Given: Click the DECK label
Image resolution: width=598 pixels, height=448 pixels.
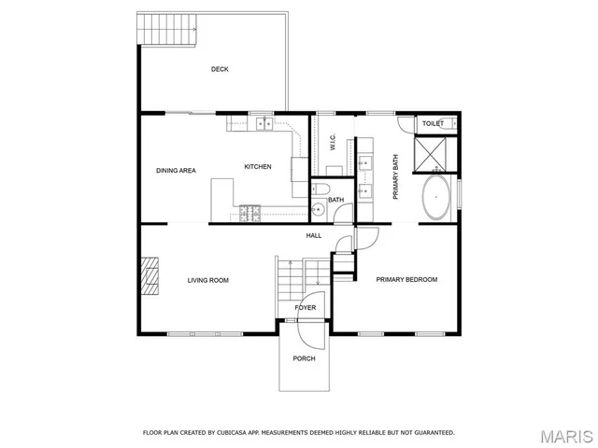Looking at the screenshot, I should point(220,69).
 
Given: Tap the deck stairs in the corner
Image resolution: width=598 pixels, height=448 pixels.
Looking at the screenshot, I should point(167,33).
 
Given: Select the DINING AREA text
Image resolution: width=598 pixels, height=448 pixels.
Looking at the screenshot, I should point(175,171).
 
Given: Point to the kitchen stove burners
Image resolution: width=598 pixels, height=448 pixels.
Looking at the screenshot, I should point(249,214).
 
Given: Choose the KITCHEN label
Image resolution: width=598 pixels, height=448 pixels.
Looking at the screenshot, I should point(258,167).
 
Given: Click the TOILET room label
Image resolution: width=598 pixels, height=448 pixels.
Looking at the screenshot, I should point(433,123).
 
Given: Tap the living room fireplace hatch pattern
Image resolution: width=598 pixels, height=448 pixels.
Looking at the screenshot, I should point(148,276).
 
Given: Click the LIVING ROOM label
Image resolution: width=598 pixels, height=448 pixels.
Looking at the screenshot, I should point(207,280).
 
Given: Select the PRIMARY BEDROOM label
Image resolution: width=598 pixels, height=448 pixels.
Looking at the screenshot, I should point(406,280).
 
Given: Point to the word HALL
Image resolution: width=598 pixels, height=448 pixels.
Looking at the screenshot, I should point(314,236).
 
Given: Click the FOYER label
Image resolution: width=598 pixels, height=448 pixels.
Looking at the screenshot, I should point(306,308).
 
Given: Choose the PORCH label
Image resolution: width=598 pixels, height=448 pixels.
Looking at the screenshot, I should point(304,358).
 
